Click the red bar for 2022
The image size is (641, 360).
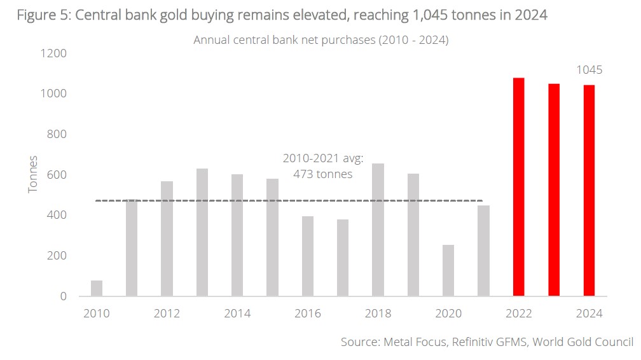(x=519, y=187)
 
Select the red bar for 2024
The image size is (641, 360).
(x=589, y=190)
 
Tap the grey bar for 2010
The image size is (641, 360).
(x=97, y=288)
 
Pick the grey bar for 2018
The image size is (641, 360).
(x=378, y=230)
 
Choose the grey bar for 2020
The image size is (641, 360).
(x=448, y=270)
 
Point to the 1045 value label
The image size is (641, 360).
(x=589, y=71)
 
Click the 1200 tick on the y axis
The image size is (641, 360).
(x=54, y=53)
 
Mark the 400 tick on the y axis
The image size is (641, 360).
(x=57, y=215)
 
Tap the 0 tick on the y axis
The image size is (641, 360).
(x=63, y=296)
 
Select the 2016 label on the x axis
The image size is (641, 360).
(x=307, y=314)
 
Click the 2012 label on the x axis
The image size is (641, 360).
(x=167, y=314)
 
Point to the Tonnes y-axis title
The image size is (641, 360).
(x=33, y=174)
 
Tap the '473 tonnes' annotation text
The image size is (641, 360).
(x=322, y=174)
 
